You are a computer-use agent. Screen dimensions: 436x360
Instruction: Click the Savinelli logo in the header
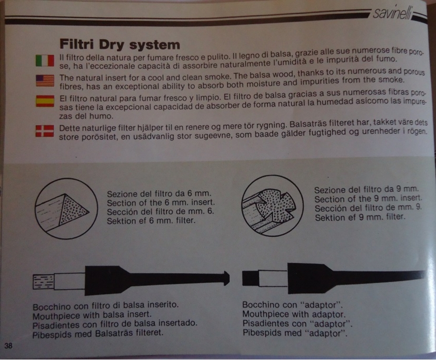click(392, 13)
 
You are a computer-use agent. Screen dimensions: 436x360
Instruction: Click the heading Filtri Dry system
click(120, 44)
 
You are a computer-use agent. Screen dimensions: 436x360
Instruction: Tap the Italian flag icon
click(45, 60)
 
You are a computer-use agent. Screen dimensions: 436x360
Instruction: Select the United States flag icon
click(45, 80)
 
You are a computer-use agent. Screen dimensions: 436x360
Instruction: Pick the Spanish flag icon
click(45, 101)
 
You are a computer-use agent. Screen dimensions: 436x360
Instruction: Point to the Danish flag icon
click(45, 131)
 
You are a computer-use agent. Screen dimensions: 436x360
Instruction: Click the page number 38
click(9, 346)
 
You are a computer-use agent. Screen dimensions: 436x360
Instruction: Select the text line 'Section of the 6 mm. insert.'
click(161, 203)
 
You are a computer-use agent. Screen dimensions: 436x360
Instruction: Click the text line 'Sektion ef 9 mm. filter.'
click(360, 217)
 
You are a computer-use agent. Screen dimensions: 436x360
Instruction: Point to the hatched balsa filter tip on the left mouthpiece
click(43, 282)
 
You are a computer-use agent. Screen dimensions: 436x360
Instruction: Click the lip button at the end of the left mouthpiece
click(226, 279)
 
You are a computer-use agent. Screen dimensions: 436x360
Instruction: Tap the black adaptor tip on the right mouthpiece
click(250, 278)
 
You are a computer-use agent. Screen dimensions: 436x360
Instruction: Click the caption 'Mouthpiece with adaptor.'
click(294, 314)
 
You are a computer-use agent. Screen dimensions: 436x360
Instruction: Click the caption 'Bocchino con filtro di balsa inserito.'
click(106, 306)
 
